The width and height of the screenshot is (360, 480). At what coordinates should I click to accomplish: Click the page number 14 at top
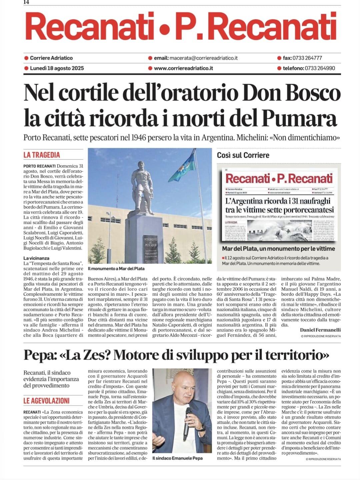point(27,2)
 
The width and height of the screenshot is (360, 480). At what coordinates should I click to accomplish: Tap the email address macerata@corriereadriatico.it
point(203,58)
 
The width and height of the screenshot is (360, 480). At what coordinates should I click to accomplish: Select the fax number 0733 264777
point(307,58)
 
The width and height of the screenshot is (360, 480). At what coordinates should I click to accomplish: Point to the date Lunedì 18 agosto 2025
point(57,68)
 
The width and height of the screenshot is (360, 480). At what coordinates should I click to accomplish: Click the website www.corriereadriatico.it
point(183,68)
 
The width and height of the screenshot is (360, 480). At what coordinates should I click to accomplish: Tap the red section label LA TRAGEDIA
point(42,155)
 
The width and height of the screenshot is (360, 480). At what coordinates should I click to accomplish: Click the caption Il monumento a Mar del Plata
point(116,268)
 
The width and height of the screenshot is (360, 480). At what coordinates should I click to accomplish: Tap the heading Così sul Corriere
point(243,155)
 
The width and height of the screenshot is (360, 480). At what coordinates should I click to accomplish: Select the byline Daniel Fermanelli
point(320,330)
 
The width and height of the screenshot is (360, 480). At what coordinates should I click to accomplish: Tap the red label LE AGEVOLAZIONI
point(46,401)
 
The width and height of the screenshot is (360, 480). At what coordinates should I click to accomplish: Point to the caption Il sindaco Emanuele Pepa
point(177,458)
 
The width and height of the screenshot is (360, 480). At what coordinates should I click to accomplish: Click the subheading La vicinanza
point(36,258)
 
